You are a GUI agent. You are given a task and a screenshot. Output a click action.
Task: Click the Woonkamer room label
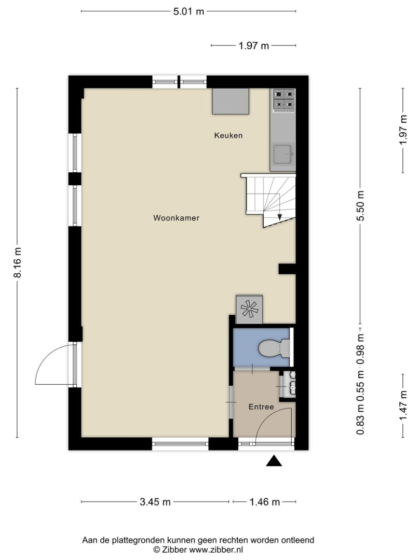click(x=176, y=218)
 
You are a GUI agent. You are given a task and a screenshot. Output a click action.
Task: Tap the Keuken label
click(x=228, y=135)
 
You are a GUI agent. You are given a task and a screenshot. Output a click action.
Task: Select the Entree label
click(x=261, y=407)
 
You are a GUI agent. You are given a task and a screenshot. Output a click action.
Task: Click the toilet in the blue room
click(x=274, y=348)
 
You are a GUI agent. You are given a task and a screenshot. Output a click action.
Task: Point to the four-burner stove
click(x=284, y=99)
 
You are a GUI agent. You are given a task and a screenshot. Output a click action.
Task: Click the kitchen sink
click(x=283, y=155)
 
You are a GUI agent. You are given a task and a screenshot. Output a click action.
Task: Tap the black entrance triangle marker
click(x=274, y=461)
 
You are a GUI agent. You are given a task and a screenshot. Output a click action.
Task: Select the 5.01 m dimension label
click(x=189, y=11)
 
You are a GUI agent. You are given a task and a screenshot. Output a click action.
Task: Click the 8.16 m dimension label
click(x=17, y=262)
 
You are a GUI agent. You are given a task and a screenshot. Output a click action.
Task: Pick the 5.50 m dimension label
click(x=360, y=206)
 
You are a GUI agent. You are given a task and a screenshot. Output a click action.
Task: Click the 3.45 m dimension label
click(x=155, y=502)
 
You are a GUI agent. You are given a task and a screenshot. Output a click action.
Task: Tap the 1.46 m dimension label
click(x=264, y=502)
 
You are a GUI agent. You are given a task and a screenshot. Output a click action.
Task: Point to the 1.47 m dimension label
click(x=403, y=405)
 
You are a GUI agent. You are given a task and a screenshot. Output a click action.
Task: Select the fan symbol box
click(x=249, y=309)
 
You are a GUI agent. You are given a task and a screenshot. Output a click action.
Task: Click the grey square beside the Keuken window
click(x=231, y=102)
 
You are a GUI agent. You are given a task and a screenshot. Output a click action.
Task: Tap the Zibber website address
click(x=216, y=550)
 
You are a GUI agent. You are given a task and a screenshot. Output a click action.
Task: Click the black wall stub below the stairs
click(x=287, y=269)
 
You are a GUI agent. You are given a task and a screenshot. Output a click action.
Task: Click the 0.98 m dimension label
click(x=360, y=348)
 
